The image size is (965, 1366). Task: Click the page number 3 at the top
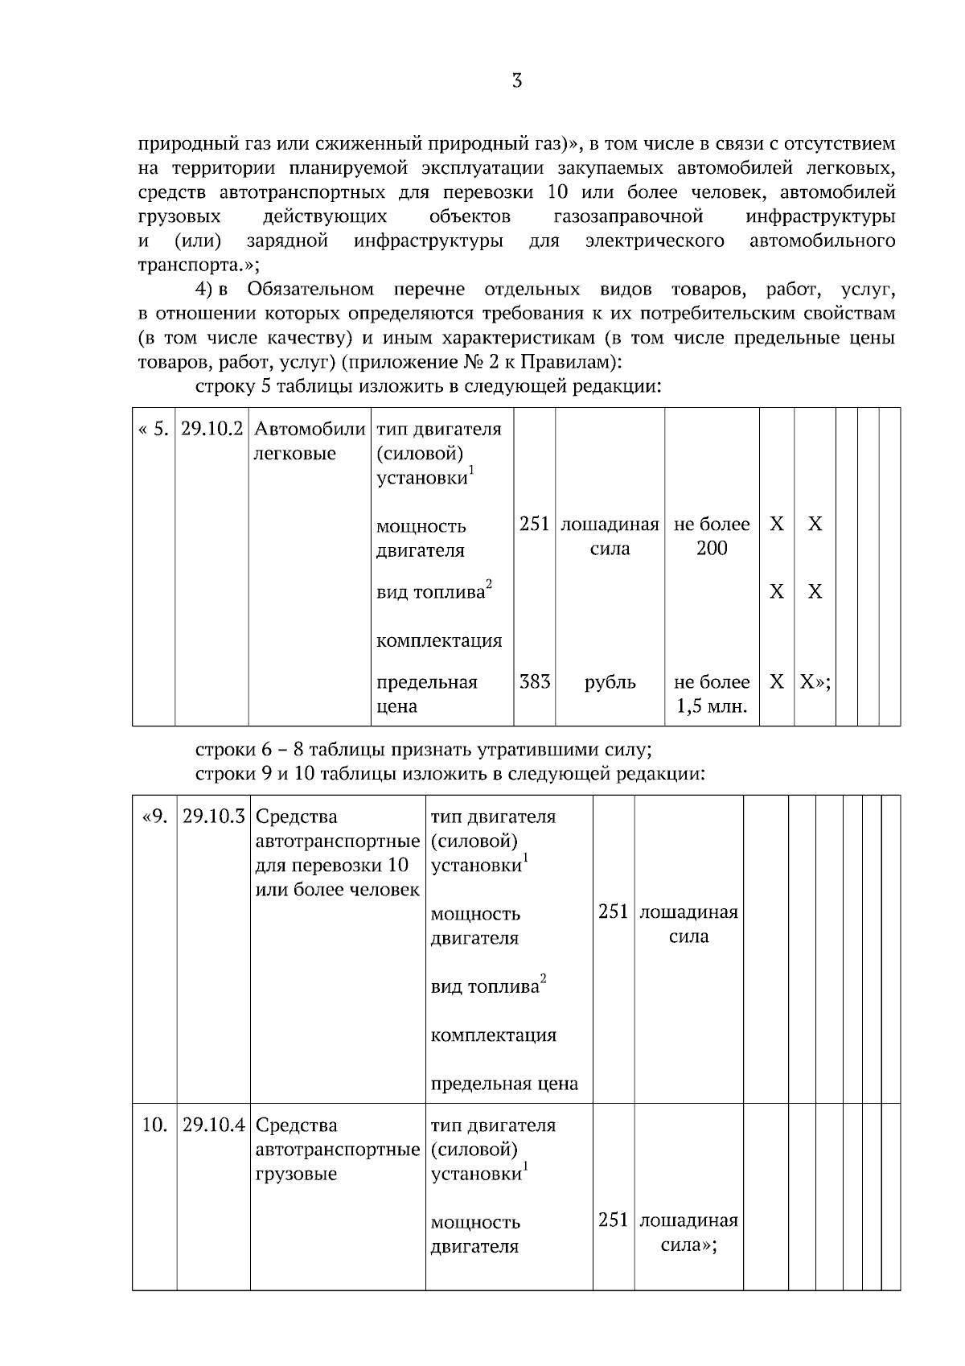click(517, 80)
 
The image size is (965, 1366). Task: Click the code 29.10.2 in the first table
click(211, 429)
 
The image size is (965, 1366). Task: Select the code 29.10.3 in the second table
click(213, 817)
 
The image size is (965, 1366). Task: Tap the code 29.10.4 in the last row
click(213, 1125)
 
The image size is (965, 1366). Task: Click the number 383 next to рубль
click(535, 682)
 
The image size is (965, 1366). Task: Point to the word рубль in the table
click(610, 683)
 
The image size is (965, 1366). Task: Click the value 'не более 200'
click(712, 537)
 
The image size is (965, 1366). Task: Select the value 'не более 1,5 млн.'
click(712, 695)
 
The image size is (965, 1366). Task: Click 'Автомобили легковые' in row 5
click(310, 441)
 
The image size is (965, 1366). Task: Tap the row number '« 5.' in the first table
click(154, 429)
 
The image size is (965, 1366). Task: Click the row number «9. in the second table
click(154, 817)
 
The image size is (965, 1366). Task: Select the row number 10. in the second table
click(154, 1125)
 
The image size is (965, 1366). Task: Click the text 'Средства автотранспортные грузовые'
click(337, 1150)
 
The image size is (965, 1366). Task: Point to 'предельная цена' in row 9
click(504, 1084)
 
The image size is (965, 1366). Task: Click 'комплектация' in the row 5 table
click(439, 641)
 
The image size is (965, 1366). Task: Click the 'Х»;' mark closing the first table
click(815, 682)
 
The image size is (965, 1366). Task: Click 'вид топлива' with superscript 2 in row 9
click(487, 986)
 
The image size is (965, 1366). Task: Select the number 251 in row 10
click(613, 1220)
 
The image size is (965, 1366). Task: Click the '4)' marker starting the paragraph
click(204, 290)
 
